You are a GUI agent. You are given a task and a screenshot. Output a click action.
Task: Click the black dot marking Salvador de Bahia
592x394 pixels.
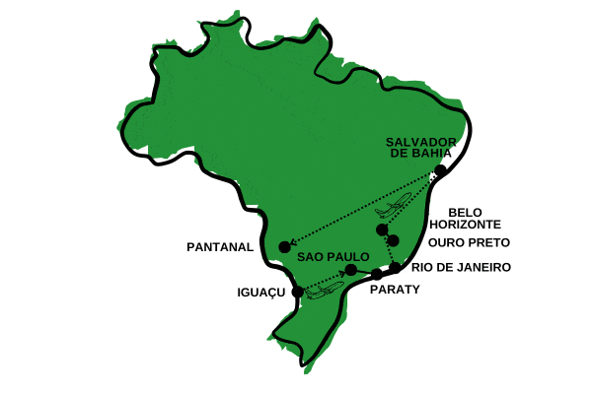point(440,170)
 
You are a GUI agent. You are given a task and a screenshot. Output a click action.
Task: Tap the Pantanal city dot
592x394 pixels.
point(284,246)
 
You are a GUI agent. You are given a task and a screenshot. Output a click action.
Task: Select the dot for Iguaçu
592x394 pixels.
point(298,291)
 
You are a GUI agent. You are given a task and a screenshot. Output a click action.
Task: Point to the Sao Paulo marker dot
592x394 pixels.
point(351,270)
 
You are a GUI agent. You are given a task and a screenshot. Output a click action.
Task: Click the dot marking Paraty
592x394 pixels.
point(376,274)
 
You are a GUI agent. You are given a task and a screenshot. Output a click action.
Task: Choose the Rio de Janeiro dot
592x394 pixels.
point(395,267)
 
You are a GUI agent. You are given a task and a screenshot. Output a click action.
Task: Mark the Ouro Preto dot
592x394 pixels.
point(393,240)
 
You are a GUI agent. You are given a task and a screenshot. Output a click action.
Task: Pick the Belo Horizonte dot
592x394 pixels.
point(383,230)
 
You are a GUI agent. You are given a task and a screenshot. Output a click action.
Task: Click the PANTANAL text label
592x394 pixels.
point(220,247)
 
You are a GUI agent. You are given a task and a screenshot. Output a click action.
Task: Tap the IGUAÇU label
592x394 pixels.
point(261,293)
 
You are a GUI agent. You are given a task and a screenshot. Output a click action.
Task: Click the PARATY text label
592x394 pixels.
point(395,290)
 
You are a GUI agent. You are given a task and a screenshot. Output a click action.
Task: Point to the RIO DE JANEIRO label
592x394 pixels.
point(460,267)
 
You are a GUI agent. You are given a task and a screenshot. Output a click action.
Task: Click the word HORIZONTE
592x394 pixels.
point(477,225)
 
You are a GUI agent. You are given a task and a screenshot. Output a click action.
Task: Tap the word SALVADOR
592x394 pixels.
point(419,141)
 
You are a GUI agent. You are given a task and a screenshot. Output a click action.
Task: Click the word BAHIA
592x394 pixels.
point(434,154)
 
